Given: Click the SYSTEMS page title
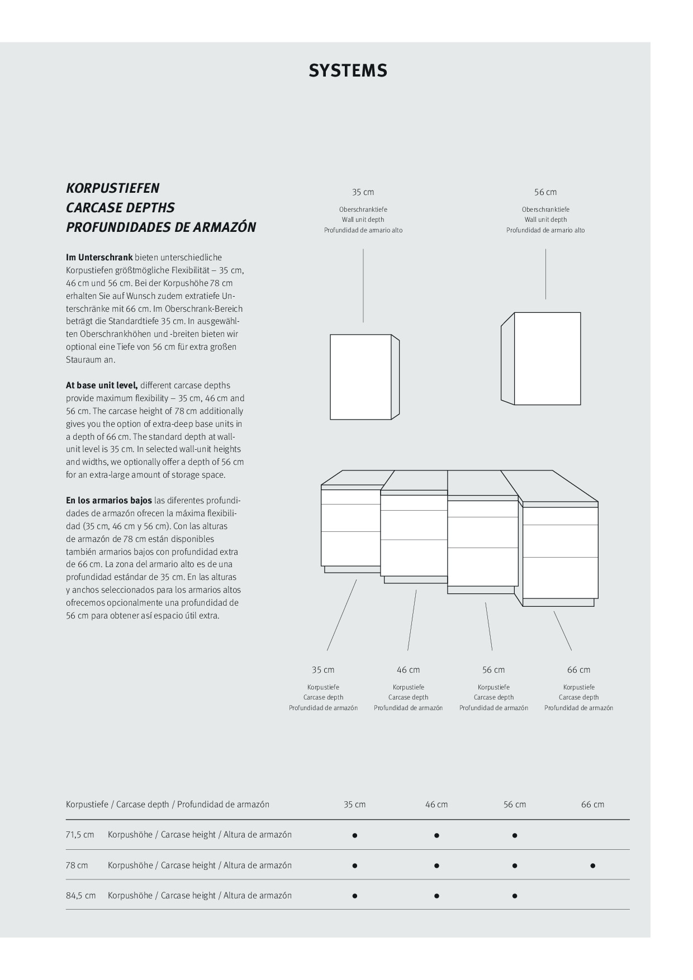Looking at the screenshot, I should (348, 71).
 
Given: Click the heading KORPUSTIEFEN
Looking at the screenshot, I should (112, 188).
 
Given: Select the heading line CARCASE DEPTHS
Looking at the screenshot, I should (120, 208).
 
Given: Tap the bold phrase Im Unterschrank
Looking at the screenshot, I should (99, 258).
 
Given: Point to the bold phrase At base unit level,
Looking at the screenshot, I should (102, 386).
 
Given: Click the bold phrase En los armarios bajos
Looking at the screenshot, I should (109, 501).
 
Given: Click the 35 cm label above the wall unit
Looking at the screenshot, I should (363, 192).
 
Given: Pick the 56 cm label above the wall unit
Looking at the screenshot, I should (545, 192).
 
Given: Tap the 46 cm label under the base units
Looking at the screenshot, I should (408, 670).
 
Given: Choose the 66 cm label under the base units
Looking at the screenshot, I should (578, 670).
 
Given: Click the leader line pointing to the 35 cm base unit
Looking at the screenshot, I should (341, 615).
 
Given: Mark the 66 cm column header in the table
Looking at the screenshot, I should (592, 805).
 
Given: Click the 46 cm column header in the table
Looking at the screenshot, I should (436, 805).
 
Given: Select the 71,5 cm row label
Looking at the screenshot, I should (80, 835).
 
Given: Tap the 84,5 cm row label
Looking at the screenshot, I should (80, 896).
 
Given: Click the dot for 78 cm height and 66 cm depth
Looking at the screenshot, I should (592, 866).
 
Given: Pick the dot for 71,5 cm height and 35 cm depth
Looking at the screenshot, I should (355, 836).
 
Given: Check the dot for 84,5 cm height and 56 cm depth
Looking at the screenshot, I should (515, 896).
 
